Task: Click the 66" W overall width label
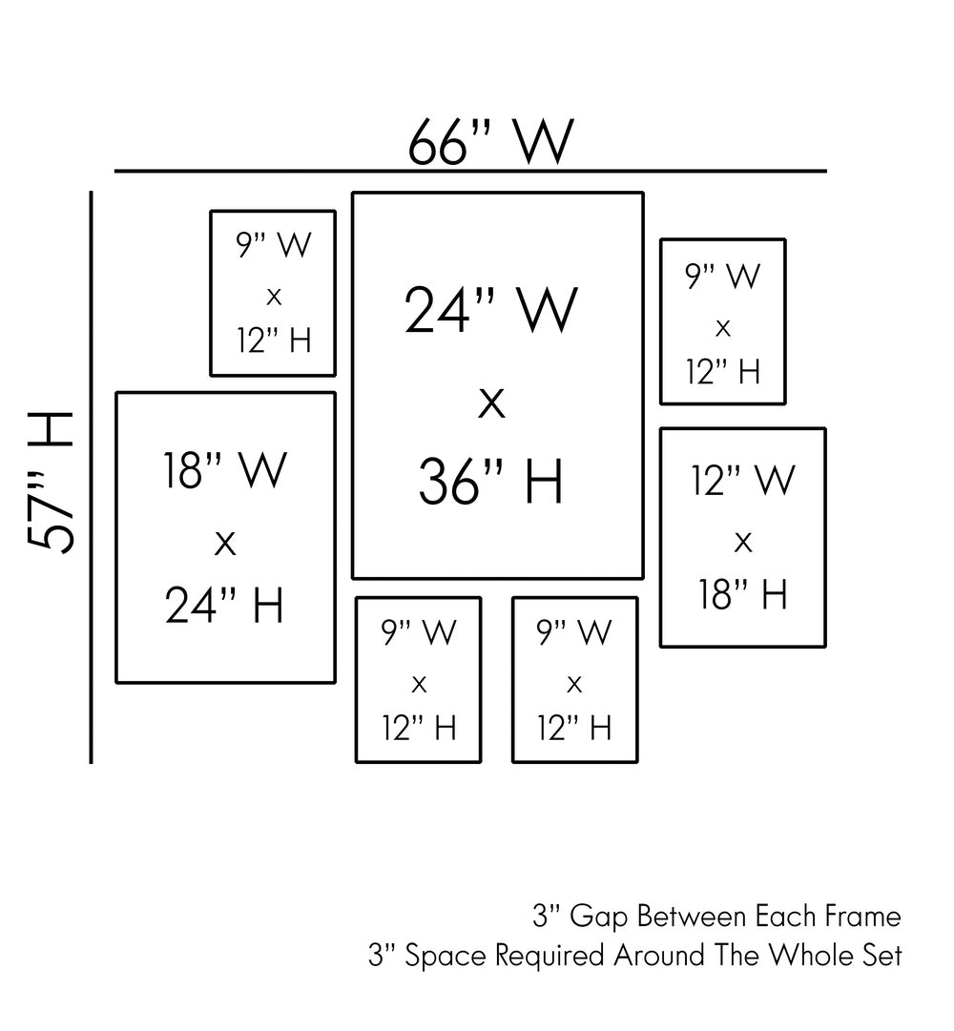[491, 143]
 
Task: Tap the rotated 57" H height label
[51, 482]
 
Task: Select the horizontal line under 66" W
[470, 172]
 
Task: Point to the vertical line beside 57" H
[92, 477]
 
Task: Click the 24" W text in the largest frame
[491, 310]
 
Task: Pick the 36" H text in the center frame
[491, 483]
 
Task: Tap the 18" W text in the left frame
[225, 469]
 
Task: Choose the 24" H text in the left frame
[225, 605]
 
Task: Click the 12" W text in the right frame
[742, 480]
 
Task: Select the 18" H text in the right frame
[742, 594]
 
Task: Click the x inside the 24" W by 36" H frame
[491, 404]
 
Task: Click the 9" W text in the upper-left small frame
[274, 245]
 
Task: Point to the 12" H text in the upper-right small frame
[723, 371]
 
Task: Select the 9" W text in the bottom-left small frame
[419, 631]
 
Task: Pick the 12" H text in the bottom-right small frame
[574, 729]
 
